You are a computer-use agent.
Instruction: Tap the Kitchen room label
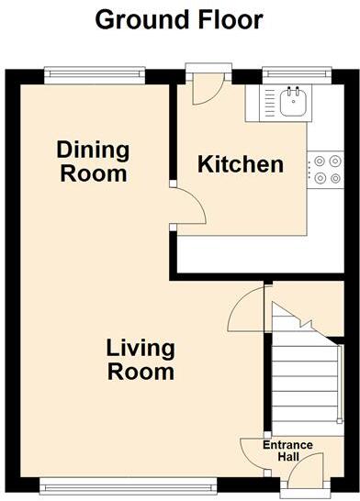[242, 164]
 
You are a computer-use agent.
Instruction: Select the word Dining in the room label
[93, 150]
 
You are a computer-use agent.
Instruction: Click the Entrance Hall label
[288, 451]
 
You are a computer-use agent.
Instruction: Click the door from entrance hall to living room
[254, 451]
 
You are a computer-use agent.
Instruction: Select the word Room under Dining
[93, 173]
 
